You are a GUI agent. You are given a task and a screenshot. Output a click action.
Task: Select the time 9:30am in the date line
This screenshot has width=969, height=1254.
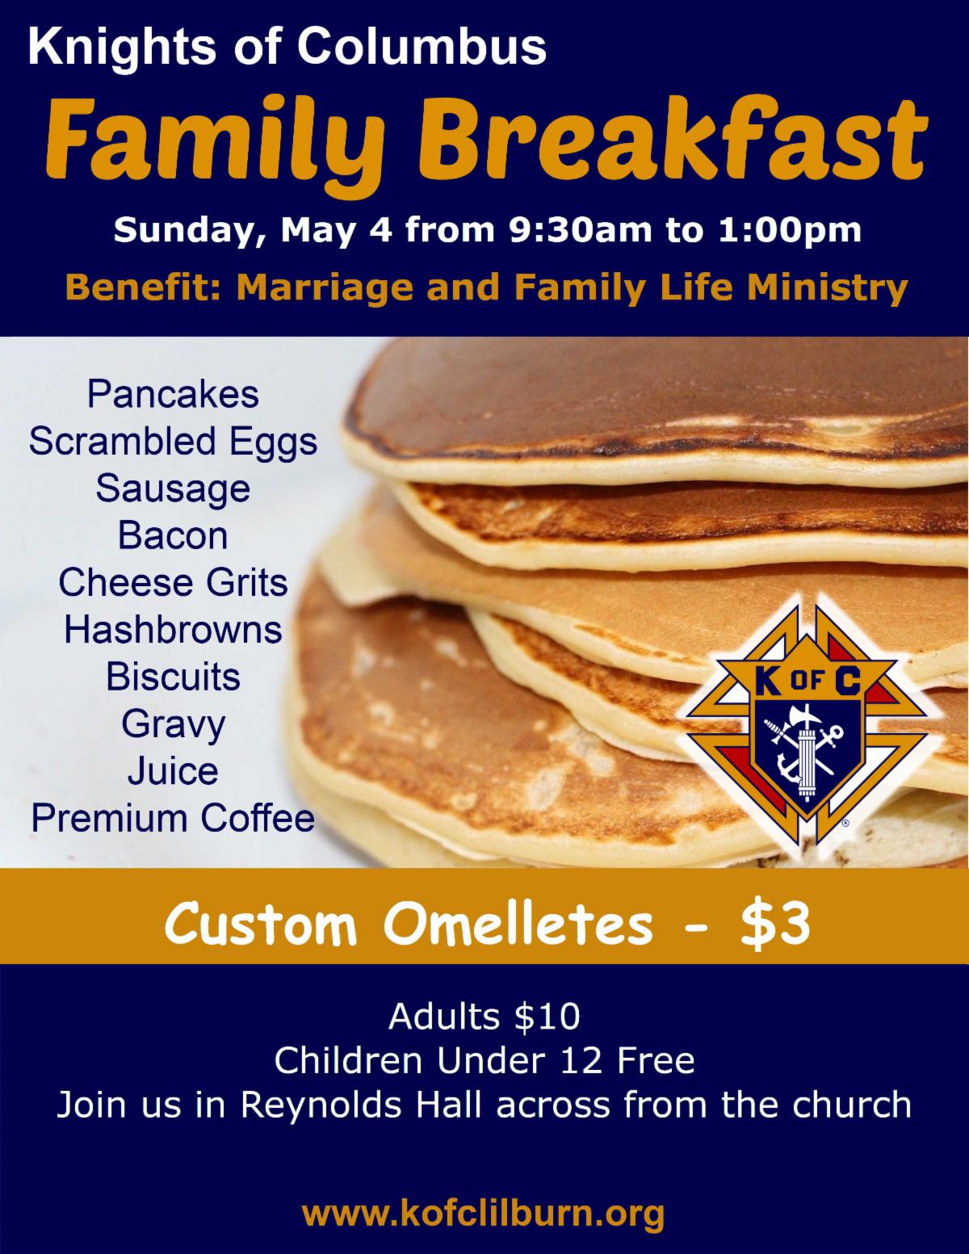[580, 229]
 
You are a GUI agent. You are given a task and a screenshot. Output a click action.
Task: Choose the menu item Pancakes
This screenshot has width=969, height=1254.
[173, 395]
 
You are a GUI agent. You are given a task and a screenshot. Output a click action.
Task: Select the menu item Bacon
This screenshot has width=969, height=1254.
[173, 536]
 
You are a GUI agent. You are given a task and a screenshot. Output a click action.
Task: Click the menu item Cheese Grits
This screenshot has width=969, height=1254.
[173, 583]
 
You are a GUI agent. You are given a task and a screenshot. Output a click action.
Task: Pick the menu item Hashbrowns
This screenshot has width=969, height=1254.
[173, 630]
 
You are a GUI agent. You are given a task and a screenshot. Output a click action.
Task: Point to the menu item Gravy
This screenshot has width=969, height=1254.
[173, 725]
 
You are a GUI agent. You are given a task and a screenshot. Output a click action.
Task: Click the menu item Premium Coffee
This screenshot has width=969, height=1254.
[173, 818]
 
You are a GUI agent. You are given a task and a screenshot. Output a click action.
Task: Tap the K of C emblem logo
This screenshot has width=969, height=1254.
[806, 725]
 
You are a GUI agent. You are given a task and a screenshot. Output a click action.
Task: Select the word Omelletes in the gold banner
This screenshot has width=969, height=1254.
[517, 925]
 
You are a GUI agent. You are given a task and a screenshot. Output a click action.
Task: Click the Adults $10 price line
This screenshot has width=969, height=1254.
[484, 1017]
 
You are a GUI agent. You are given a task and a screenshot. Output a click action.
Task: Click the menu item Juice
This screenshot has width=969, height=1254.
[173, 772]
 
